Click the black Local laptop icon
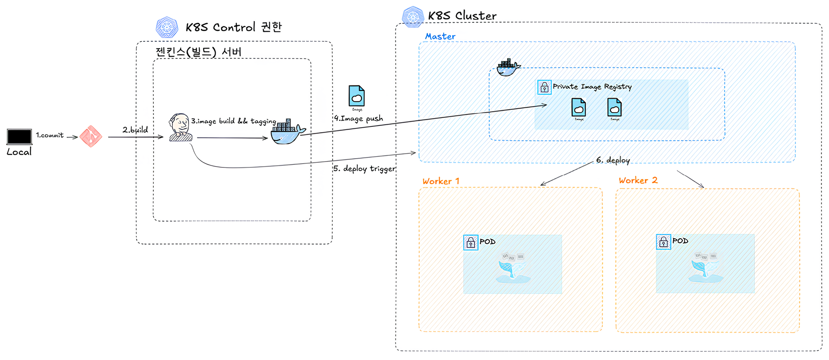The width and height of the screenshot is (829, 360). coord(19,137)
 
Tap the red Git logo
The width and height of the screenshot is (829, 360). coord(91,136)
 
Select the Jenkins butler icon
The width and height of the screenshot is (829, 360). coord(181,128)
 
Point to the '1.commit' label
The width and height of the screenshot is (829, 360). coord(50,135)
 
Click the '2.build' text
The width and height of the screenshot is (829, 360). coord(135,130)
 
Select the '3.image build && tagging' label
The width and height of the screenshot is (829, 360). coord(233,121)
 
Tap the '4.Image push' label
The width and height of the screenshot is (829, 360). coord(359,118)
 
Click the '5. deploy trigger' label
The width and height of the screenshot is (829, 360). coord(364,169)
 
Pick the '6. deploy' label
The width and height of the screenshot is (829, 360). coord(613,160)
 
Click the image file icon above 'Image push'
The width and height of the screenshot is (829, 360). coord(356,96)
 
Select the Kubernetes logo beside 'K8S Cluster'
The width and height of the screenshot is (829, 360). coord(413,17)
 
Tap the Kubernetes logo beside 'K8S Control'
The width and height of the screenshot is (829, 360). coord(167,27)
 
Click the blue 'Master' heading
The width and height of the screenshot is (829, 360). coord(440,36)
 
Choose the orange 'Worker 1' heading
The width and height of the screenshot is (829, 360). coord(441,181)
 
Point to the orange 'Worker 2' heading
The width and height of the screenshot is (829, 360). coord(638,180)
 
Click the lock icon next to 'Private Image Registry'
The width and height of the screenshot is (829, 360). coord(544,87)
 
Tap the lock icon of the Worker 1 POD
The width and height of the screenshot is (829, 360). coord(470,243)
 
